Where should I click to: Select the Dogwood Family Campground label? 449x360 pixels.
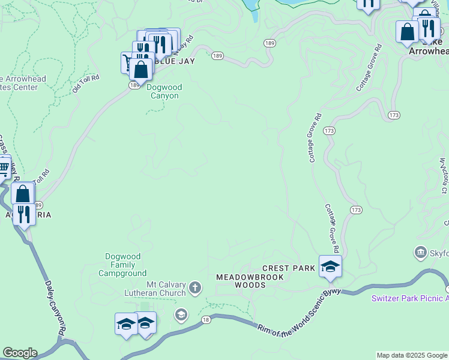tap(122, 265)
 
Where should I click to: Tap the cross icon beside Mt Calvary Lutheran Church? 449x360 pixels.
tap(194, 288)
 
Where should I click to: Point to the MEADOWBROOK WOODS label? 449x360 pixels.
tap(241, 281)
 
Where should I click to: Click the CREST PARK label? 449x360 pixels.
tap(288, 268)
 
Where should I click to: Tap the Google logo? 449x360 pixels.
tap(19, 353)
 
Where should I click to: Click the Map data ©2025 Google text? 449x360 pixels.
tap(411, 355)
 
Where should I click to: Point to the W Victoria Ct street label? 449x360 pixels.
tap(444, 176)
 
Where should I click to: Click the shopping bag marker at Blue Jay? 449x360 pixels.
tap(140, 70)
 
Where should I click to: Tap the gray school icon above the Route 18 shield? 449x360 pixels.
tap(181, 314)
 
